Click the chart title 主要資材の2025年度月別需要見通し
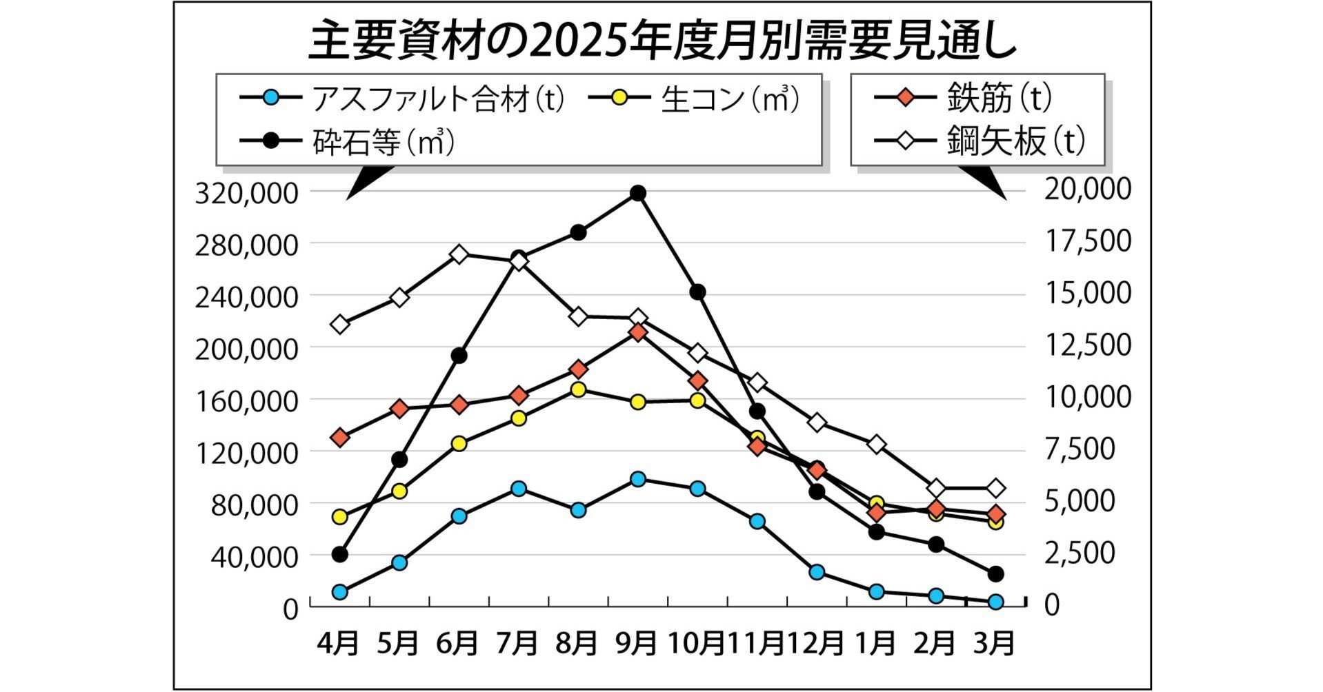pyautogui.click(x=662, y=41)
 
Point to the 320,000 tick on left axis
pyautogui.click(x=247, y=194)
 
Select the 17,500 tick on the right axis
pyautogui.click(x=1088, y=241)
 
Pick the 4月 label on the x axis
pyautogui.click(x=339, y=643)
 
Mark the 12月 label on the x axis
pyautogui.click(x=816, y=643)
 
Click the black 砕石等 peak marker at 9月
pyautogui.click(x=638, y=193)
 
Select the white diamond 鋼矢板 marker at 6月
pyautogui.click(x=460, y=254)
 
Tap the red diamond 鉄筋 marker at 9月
pyautogui.click(x=638, y=333)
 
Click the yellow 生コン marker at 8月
pyautogui.click(x=579, y=389)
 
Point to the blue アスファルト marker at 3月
pyautogui.click(x=995, y=602)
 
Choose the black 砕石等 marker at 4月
pyautogui.click(x=339, y=554)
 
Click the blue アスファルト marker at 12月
pyautogui.click(x=817, y=572)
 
